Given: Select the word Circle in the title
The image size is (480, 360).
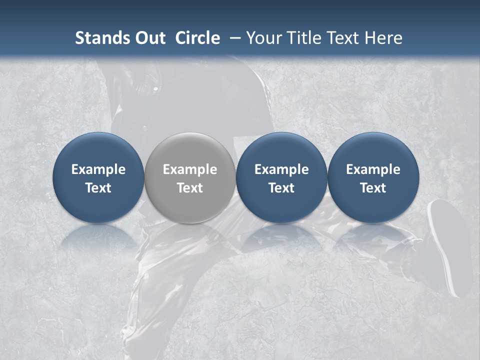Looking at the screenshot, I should [197, 38].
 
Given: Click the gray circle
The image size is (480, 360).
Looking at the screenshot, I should [190, 150].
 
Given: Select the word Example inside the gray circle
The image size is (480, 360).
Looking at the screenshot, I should [190, 169].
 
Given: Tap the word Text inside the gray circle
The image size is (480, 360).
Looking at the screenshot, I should [190, 188].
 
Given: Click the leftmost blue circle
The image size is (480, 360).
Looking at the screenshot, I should [98, 150].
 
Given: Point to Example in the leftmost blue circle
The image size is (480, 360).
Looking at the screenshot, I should [98, 169].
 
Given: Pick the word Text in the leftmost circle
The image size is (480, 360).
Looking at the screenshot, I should [98, 188].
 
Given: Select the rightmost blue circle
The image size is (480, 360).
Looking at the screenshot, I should [373, 150].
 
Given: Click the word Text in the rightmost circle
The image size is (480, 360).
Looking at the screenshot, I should [373, 188].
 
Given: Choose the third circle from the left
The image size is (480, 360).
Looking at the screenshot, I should [281, 150].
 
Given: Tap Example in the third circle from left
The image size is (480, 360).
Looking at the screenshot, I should [281, 169].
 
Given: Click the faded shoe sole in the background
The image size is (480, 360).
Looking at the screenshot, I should [449, 245].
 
